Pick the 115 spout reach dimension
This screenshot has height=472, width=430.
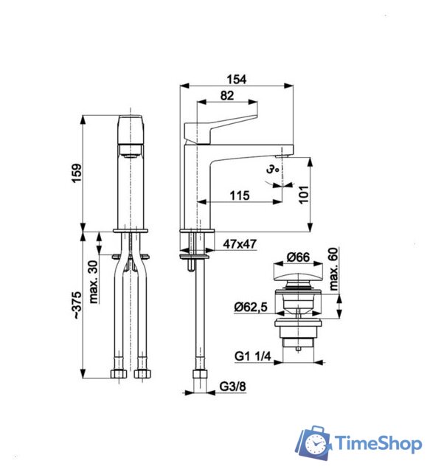(x=238, y=195)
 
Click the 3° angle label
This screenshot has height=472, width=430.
(x=273, y=170)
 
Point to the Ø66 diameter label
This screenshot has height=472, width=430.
(x=297, y=257)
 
